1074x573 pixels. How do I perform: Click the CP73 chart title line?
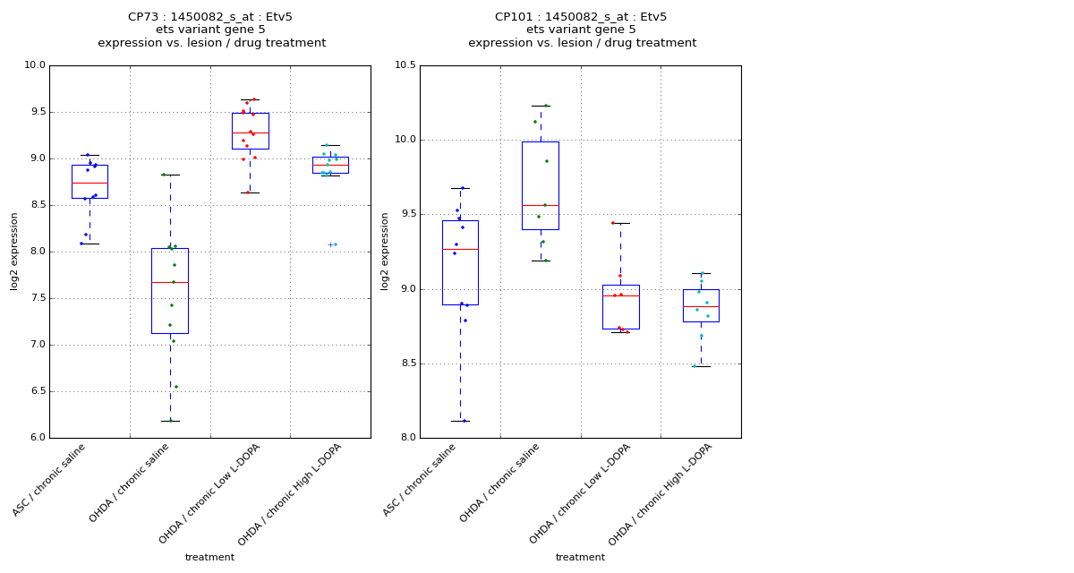click(x=210, y=17)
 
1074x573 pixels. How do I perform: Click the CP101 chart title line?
click(x=581, y=17)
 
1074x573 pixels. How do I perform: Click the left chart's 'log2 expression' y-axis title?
click(x=14, y=252)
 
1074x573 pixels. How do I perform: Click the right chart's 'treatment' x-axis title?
click(x=580, y=558)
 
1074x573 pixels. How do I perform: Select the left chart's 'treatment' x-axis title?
click(x=209, y=558)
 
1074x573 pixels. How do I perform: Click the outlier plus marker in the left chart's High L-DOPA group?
click(x=330, y=244)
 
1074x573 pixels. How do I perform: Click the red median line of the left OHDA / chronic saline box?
click(x=170, y=282)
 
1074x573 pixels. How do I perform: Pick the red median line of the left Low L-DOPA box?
click(x=250, y=133)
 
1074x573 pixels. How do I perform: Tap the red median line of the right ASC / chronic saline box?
click(x=460, y=249)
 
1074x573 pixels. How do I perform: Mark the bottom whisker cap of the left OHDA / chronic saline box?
click(x=170, y=421)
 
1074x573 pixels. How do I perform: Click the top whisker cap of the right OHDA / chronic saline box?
click(x=541, y=106)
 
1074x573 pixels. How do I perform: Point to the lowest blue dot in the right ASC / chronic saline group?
click(x=464, y=421)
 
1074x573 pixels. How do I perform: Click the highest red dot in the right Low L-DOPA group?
click(x=613, y=223)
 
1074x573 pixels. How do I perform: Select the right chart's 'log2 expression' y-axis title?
click(x=385, y=252)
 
